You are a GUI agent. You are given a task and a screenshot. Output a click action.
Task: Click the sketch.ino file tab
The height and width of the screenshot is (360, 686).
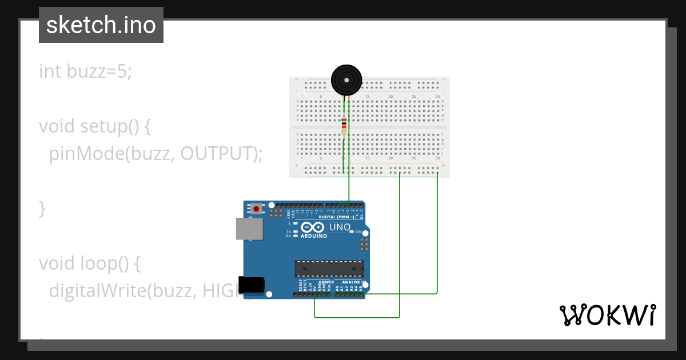pos(101,25)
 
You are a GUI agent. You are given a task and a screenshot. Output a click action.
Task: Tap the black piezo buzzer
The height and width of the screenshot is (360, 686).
pos(346,80)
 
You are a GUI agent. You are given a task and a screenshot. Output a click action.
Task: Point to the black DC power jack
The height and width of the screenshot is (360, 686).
pos(252,285)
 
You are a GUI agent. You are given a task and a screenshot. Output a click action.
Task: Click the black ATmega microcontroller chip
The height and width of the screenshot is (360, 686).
pos(329,269)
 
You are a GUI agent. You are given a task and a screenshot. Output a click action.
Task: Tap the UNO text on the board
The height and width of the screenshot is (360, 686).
pos(340,227)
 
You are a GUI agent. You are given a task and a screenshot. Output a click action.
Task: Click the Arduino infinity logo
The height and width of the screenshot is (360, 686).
pos(313,227)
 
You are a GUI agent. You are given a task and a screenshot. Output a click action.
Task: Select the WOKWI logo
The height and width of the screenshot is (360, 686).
pos(607,315)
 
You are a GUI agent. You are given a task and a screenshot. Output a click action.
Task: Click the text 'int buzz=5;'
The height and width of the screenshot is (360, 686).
pos(85,71)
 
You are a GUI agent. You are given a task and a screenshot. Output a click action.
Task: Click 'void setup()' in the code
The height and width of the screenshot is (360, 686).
pos(95,126)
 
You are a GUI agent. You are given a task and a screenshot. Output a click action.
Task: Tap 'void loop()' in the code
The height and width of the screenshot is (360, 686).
pos(89,263)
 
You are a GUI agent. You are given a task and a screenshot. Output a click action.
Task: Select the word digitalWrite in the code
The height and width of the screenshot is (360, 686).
pos(97,290)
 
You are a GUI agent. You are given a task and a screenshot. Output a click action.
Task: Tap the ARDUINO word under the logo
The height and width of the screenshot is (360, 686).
pos(313,236)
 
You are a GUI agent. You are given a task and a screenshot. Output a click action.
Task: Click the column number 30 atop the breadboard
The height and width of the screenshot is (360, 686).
pos(437,97)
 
